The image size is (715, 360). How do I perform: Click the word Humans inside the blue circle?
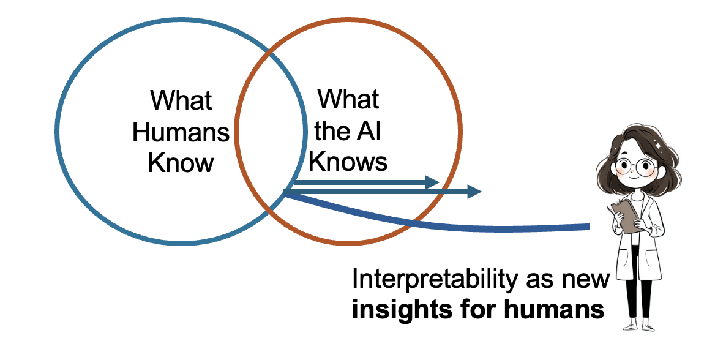[181, 132]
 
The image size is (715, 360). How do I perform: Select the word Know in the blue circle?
[181, 163]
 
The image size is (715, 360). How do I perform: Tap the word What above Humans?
[181, 100]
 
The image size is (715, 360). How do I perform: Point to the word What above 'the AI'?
[348, 99]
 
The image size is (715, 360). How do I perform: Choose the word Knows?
[348, 162]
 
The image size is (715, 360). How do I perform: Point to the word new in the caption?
[588, 280]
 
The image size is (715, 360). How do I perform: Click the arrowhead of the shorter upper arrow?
[433, 182]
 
